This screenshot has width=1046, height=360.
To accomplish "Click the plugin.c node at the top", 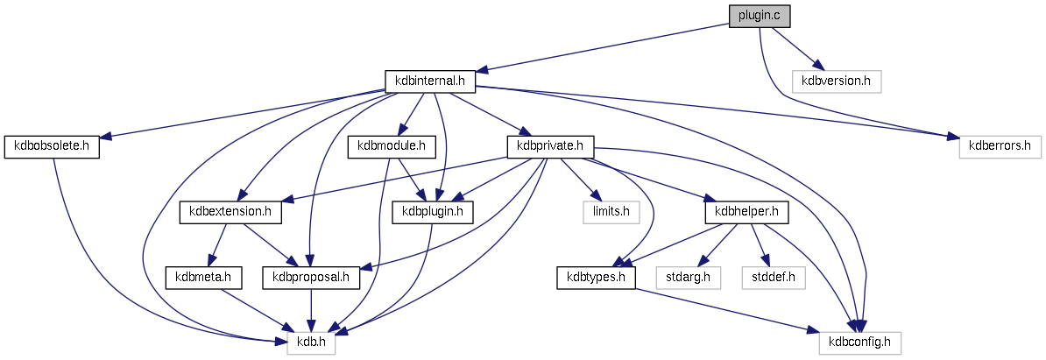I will coord(760,16).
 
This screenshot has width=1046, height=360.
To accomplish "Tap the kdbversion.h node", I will coord(836,81).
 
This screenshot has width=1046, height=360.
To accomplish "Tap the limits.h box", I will coord(611,212).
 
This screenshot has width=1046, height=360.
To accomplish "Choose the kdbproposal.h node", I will coord(311,278).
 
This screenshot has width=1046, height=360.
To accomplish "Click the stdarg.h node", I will coord(688,278).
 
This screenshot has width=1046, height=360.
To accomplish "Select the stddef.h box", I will coord(774,278).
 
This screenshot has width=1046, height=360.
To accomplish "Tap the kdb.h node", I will coord(311,342).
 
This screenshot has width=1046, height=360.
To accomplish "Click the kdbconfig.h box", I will coord(860,342).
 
